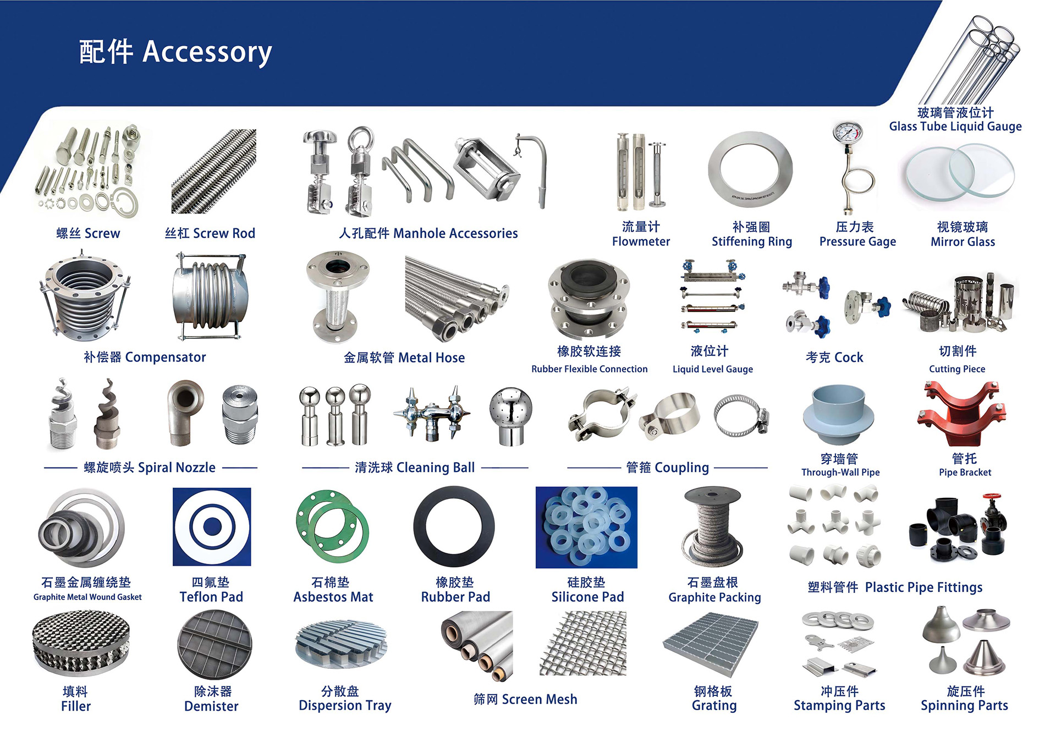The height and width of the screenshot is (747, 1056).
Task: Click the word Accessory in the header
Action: [x=207, y=52]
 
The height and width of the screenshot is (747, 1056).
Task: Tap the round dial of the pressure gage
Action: [x=847, y=134]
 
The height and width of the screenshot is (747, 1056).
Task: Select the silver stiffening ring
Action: [x=750, y=170]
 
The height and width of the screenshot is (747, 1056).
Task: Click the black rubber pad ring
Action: [x=454, y=526]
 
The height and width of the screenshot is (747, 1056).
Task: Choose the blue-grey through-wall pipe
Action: [x=838, y=414]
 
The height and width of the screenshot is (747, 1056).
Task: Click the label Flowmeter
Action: [x=641, y=241]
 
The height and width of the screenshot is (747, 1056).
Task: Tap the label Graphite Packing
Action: [x=714, y=597]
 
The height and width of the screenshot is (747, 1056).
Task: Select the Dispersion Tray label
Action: [x=345, y=706]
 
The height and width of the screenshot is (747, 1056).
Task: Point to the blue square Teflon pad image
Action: [x=212, y=526]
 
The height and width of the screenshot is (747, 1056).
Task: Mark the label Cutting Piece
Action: [x=957, y=369]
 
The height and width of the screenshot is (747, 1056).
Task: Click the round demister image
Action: [x=214, y=644]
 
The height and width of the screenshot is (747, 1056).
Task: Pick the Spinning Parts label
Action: [x=964, y=706]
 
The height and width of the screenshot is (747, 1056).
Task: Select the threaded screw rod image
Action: [x=214, y=171]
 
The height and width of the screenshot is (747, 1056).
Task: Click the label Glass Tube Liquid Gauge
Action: [x=955, y=127]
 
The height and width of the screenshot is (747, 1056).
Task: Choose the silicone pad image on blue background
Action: [x=586, y=527]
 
